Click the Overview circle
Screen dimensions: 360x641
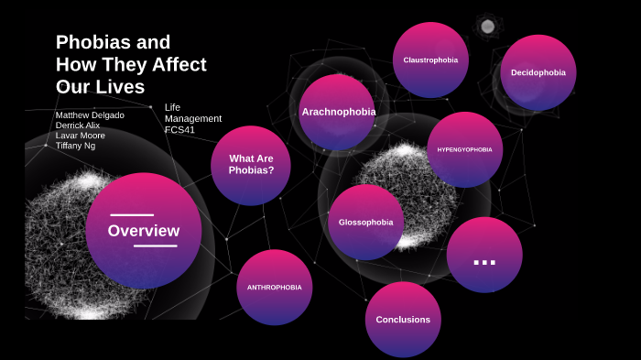click(x=144, y=231)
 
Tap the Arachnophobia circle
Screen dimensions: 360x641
click(x=338, y=112)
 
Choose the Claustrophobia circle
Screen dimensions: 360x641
click(x=430, y=60)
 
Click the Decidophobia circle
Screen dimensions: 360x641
click(x=538, y=72)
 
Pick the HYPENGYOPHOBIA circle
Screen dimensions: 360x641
click(x=464, y=149)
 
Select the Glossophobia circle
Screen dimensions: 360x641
click(x=365, y=222)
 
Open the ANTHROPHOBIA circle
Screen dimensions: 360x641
click(x=274, y=287)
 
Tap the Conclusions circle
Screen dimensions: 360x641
click(x=403, y=319)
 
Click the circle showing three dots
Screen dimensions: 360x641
click(x=484, y=256)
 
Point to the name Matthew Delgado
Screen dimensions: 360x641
click(x=90, y=115)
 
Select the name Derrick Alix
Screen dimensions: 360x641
click(x=79, y=125)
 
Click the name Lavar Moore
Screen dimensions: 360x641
click(x=80, y=136)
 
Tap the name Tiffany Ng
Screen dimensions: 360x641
click(x=75, y=146)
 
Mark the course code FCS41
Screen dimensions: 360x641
click(x=179, y=129)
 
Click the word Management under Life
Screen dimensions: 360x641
click(x=193, y=118)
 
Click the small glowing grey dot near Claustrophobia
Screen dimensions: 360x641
click(x=487, y=26)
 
